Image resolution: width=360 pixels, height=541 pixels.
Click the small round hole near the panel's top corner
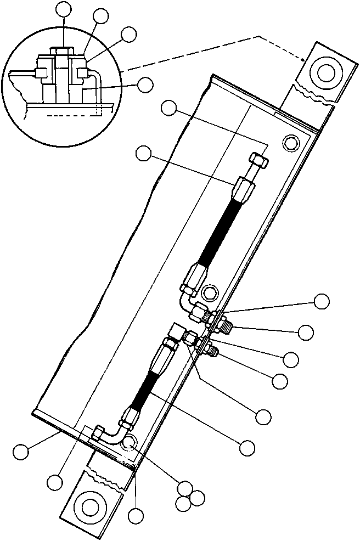[x=290, y=143]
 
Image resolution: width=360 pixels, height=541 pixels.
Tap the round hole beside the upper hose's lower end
[x=209, y=290]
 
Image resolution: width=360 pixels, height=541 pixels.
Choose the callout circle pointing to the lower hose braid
[x=248, y=447]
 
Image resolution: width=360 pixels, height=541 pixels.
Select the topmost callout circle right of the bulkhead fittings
[x=322, y=300]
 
